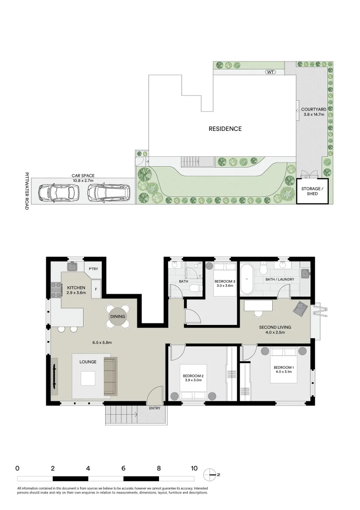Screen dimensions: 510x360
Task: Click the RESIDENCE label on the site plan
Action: [x=226, y=128]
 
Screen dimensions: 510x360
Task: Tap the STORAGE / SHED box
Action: [x=312, y=191]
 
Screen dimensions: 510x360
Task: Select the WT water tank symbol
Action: [x=270, y=72]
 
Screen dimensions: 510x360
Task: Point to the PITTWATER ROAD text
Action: [x=27, y=190]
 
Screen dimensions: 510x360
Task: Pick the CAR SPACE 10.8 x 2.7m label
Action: [x=83, y=178]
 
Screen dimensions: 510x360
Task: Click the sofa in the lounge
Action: [x=109, y=376]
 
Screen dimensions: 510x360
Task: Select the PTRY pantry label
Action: [x=93, y=269]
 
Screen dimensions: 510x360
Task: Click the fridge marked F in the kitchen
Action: [x=96, y=289]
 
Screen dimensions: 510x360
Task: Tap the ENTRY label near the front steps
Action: [x=154, y=408]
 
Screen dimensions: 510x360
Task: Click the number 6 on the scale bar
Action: [x=123, y=469]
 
